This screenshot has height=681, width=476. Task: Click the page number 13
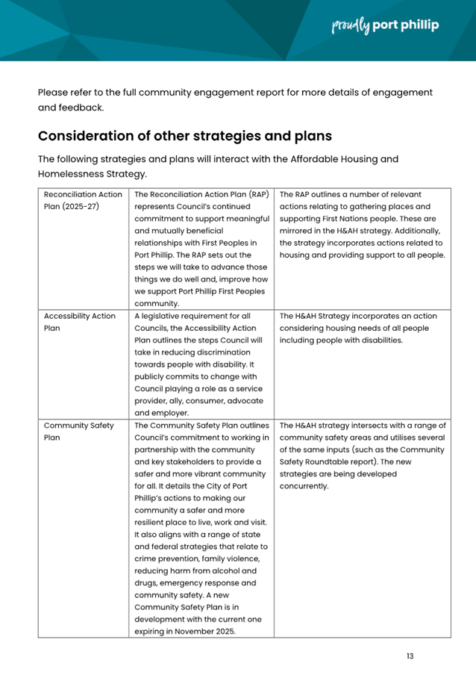tap(410, 656)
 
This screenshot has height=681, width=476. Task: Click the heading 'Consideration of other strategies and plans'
tap(185, 137)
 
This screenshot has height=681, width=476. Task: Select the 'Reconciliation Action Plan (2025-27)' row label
tap(83, 200)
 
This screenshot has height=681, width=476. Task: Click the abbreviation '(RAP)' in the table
tap(254, 194)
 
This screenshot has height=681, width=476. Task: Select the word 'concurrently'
tap(304, 486)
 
